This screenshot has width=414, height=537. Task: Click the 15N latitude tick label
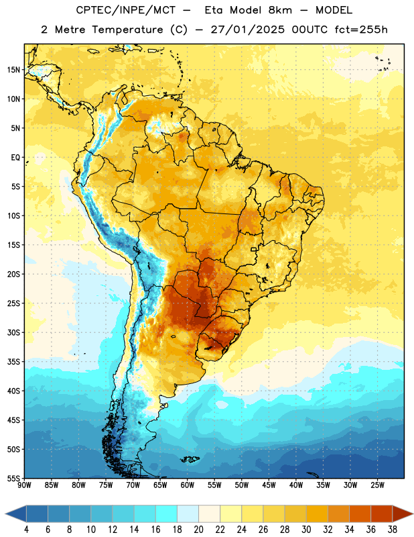[x=13, y=70]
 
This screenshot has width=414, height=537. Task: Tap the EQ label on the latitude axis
[x=15, y=158]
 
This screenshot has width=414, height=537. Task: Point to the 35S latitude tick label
[x=14, y=362]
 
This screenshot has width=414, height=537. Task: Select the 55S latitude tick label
[x=14, y=478]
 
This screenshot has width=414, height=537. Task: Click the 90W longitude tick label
[x=24, y=485]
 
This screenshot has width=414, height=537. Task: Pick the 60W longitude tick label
[x=188, y=485]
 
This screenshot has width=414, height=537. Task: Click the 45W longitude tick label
[x=269, y=485]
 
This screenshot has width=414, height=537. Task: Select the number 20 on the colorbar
[x=198, y=530]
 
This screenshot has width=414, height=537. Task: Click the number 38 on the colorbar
[x=393, y=530]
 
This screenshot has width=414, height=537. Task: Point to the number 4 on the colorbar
[x=26, y=530]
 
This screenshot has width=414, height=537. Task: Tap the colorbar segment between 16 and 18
[x=167, y=514]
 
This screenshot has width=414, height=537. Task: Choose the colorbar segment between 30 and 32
[x=317, y=514]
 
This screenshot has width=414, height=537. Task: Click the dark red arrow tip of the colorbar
[x=412, y=514]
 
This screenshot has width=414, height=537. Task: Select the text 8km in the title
[x=280, y=10]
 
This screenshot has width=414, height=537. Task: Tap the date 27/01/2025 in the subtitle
[x=247, y=30]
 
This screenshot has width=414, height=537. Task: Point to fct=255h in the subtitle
[x=361, y=30]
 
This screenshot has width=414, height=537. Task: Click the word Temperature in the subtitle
[x=127, y=30]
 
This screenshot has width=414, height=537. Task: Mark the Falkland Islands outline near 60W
[x=190, y=459]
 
